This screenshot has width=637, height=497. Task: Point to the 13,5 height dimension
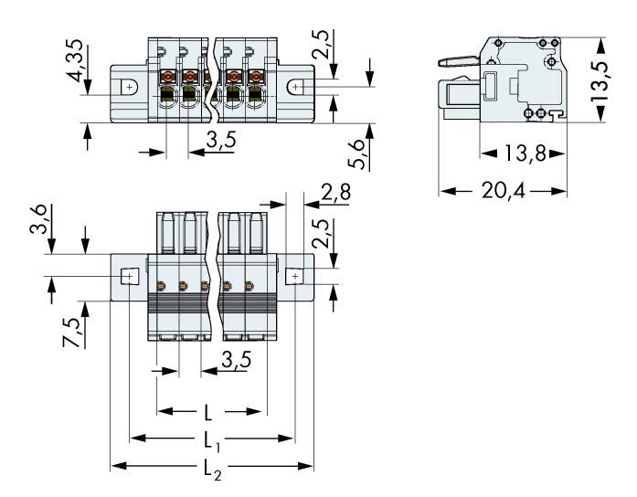click(623, 79)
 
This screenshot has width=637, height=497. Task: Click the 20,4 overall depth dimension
click(503, 191)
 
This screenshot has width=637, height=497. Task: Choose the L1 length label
click(211, 441)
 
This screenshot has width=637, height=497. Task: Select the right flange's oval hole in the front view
click(297, 87)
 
